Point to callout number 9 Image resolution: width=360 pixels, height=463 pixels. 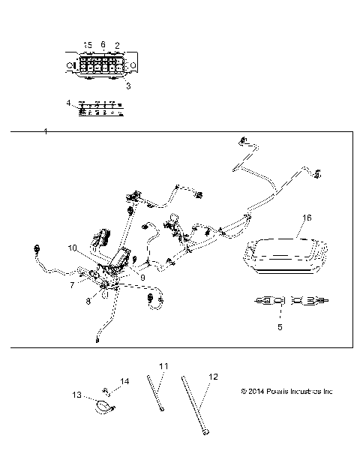142,278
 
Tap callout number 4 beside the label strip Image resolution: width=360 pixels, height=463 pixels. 68,102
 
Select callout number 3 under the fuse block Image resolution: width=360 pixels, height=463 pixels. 127,86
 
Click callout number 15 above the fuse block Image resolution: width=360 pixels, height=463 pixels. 88,46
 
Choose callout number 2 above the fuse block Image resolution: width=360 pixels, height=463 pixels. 117,46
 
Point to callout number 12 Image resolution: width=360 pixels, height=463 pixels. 213,376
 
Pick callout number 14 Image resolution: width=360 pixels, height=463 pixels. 125,382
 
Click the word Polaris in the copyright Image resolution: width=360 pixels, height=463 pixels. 274,392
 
